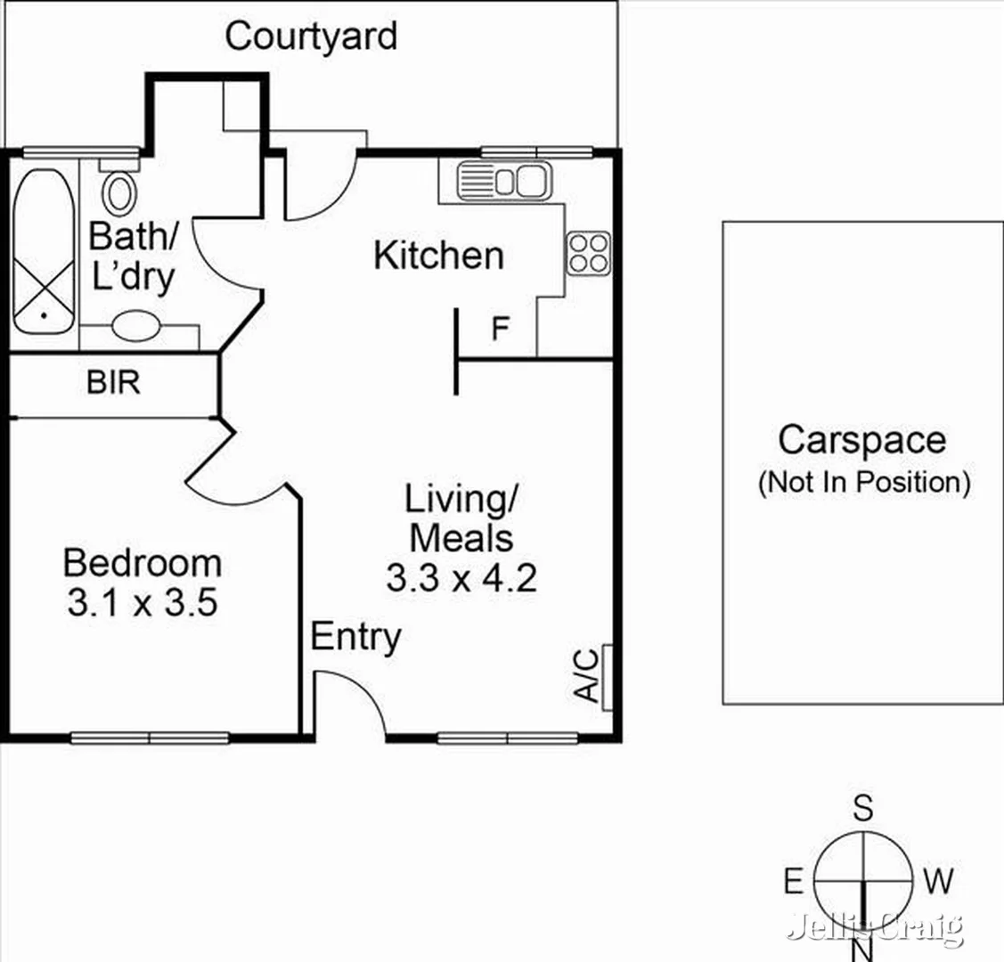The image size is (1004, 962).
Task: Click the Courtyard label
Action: (311, 37)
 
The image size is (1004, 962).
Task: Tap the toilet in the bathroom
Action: (118, 189)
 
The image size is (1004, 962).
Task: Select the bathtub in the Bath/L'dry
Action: (43, 252)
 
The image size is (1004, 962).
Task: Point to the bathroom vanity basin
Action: (136, 325)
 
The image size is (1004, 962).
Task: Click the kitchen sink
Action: (503, 182)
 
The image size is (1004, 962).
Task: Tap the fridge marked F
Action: (501, 330)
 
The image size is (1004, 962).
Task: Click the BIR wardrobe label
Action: (113, 383)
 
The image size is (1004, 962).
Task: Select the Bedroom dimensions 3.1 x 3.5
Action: (143, 604)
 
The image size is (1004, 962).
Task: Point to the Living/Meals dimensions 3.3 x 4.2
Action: (461, 579)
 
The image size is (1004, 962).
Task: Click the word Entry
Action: (355, 638)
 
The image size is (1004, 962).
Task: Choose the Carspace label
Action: (861, 440)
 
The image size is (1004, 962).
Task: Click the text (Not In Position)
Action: (863, 483)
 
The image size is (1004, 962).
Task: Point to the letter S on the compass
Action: (862, 809)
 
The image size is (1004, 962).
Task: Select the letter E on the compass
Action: (793, 882)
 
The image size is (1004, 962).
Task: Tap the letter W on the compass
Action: (938, 882)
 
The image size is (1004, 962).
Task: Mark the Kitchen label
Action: (438, 256)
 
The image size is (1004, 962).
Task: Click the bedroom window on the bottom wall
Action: (150, 738)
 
